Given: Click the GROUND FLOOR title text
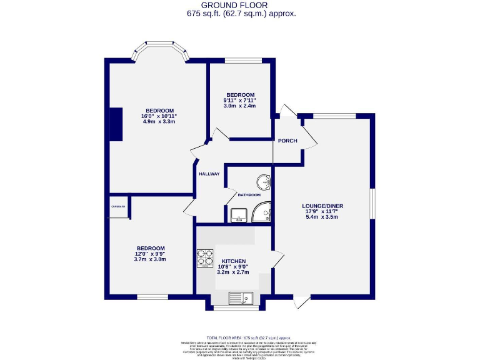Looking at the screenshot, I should [x=241, y=5].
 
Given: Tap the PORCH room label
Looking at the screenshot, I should [x=287, y=141].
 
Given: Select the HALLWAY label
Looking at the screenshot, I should [x=209, y=174].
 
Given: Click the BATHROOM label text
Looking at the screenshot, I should [x=248, y=195].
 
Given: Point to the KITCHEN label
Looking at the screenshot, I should [x=232, y=261].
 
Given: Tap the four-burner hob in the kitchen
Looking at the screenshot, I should [x=206, y=257].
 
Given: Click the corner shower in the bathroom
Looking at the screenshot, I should [x=263, y=214].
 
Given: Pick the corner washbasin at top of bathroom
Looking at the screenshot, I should [x=266, y=181].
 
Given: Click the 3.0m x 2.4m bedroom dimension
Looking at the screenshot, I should [x=240, y=106].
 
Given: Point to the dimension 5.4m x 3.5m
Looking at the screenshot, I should [x=322, y=217].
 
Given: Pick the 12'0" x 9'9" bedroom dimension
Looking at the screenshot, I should [x=150, y=254].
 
